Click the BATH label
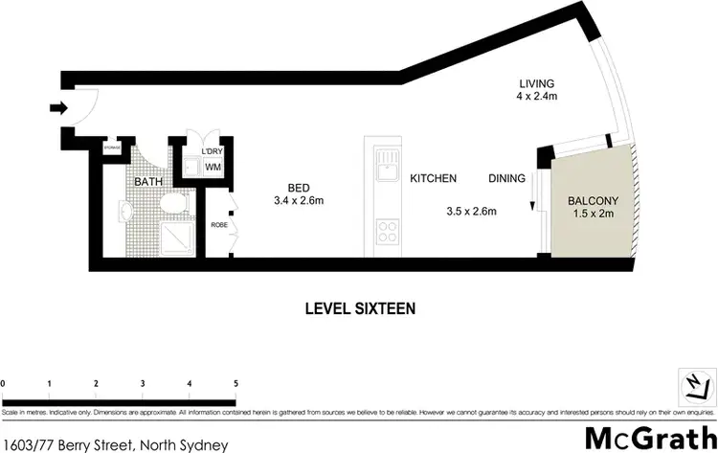pyautogui.click(x=147, y=181)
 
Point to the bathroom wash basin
pyautogui.click(x=127, y=209)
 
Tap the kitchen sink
pyautogui.click(x=387, y=170)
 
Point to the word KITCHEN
pyautogui.click(x=433, y=179)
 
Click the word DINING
pyautogui.click(x=506, y=179)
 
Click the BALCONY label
pyautogui.click(x=594, y=201)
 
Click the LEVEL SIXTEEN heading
pyautogui.click(x=359, y=308)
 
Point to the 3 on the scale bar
pyautogui.click(x=143, y=383)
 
